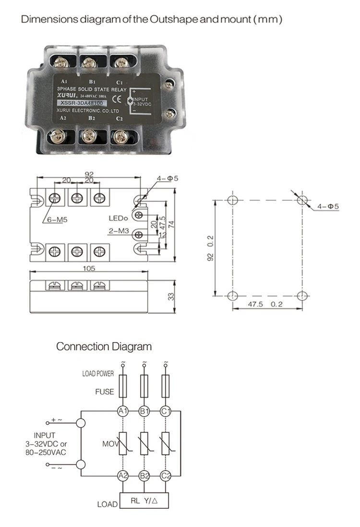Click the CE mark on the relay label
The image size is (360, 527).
(x=116, y=100)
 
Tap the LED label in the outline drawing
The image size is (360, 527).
(x=117, y=218)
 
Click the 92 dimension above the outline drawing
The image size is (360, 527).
(x=89, y=174)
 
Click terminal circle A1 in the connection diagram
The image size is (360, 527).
(x=123, y=411)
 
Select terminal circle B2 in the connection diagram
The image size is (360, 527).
(x=144, y=476)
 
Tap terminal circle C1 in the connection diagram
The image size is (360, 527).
(x=166, y=411)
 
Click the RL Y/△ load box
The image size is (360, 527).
(x=145, y=501)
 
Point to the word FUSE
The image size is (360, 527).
(x=105, y=392)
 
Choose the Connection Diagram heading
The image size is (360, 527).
(x=104, y=346)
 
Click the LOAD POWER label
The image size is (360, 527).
(x=98, y=374)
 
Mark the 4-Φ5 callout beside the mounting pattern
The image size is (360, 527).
(x=328, y=207)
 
